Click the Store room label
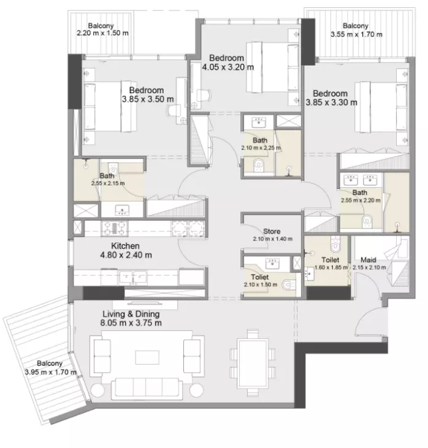tap(272, 231)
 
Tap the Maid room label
tap(369, 260)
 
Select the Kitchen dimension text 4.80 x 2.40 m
tap(126, 255)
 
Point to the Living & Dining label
tap(131, 314)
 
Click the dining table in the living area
tap(253, 363)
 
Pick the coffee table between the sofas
tap(147, 357)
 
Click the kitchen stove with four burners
tap(115, 228)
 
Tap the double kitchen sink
tap(133, 277)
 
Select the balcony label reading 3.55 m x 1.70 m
tap(356, 34)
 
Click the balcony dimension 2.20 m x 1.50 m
tap(102, 33)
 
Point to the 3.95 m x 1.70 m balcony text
tap(50, 373)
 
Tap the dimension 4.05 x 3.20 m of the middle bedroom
tap(228, 67)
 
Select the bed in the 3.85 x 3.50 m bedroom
tap(110, 107)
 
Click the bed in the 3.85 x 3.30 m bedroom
tap(381, 107)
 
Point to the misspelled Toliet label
tap(260, 277)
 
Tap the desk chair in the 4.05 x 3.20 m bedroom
tap(204, 95)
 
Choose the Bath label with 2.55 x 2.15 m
tap(107, 176)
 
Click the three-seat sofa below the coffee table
tap(147, 389)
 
